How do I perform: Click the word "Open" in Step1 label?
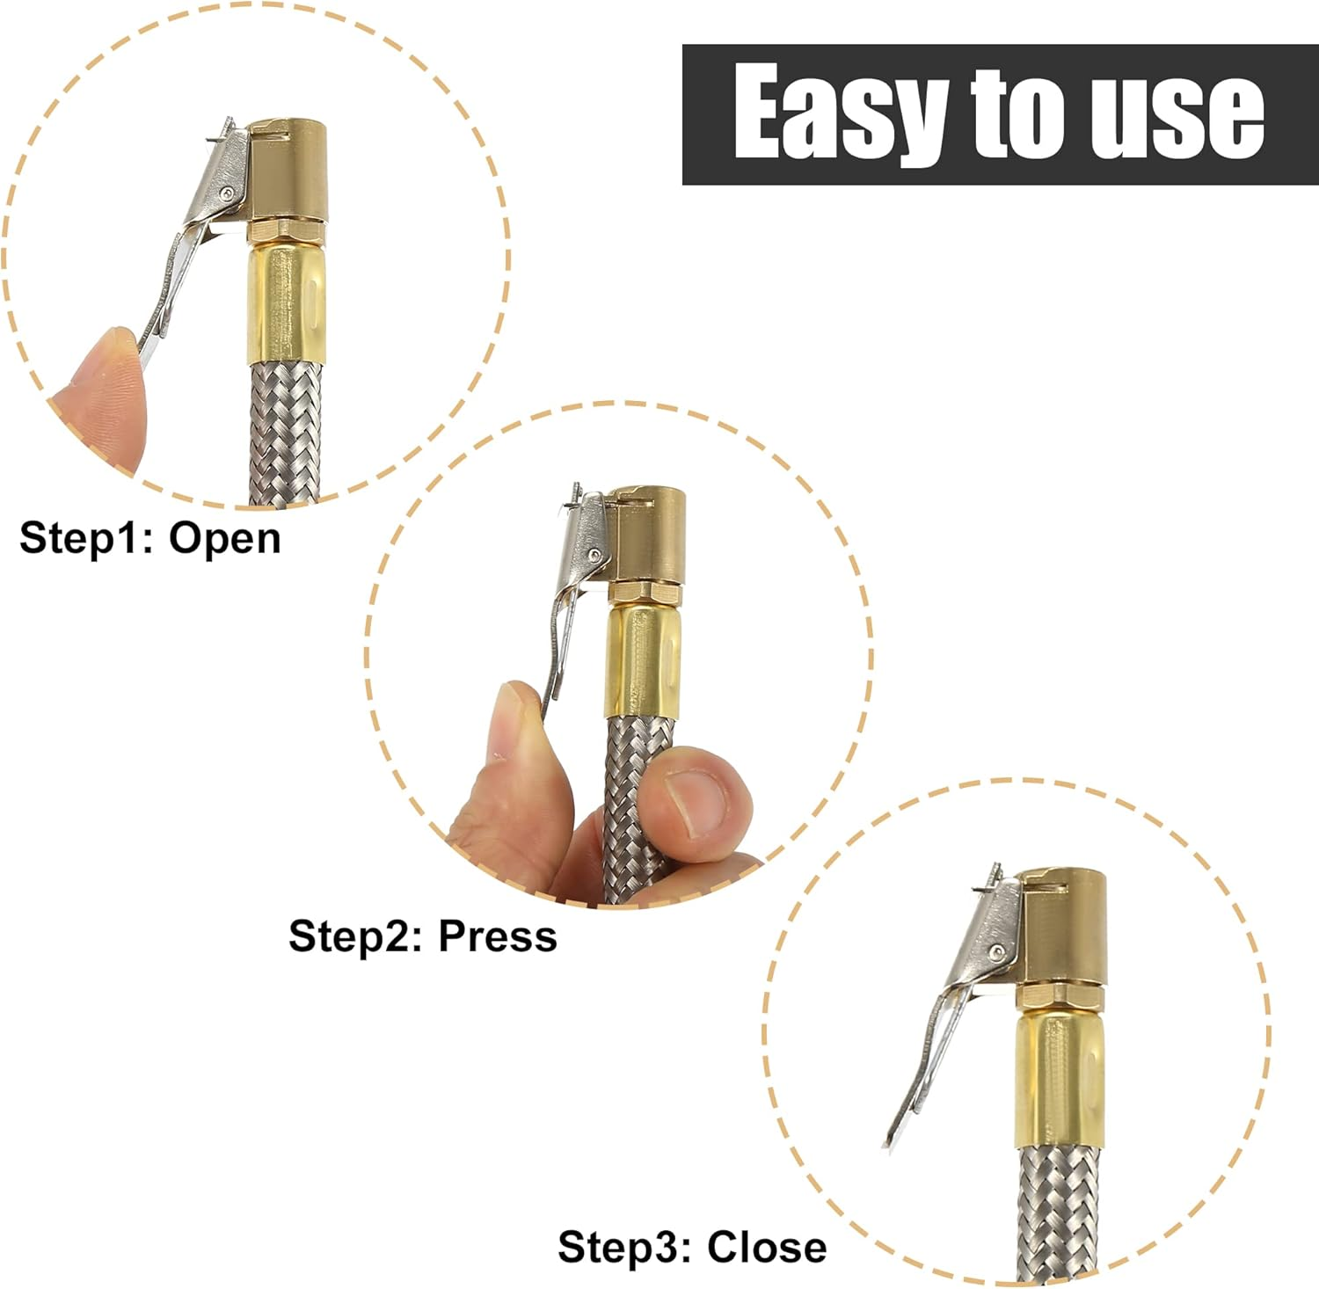coord(225,537)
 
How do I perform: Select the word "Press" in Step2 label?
coord(498,936)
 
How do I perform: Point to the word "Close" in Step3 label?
coord(767,1247)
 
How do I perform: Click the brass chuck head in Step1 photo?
coord(288,172)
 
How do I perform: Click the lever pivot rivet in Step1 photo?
coord(228,193)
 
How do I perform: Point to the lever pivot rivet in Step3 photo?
coord(997,951)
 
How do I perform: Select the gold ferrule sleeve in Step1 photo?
coord(287,303)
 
